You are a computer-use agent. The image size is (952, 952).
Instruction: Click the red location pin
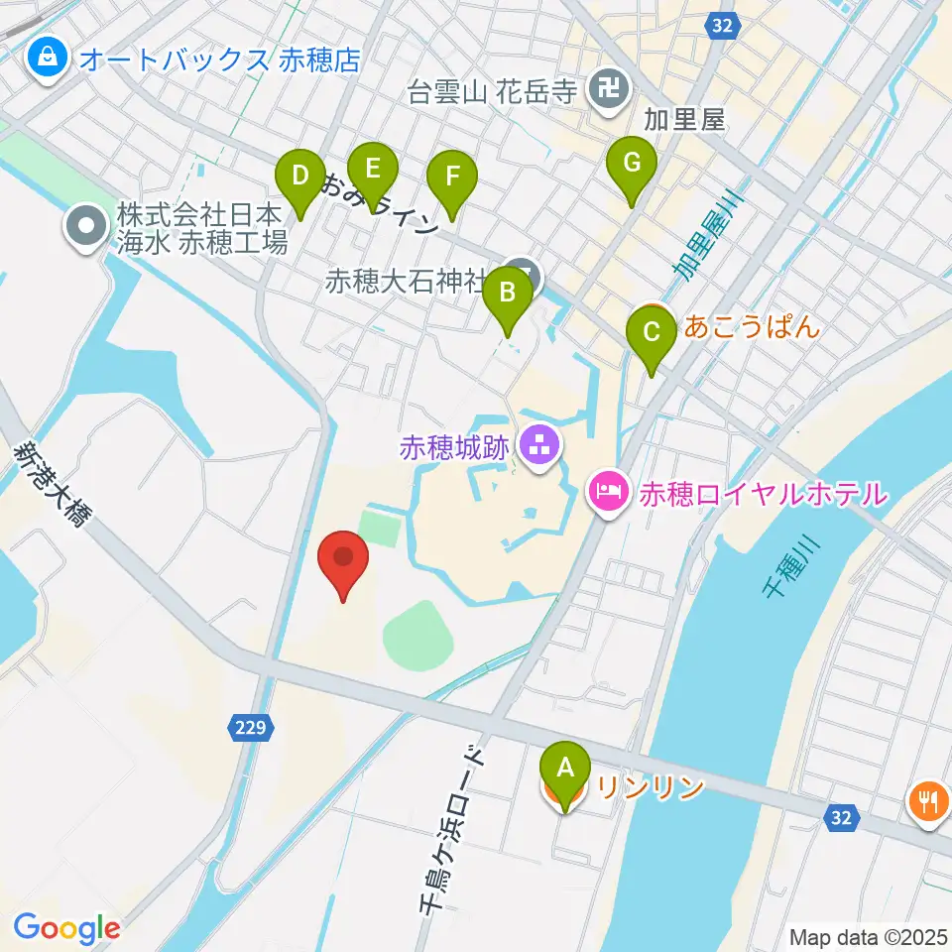pyautogui.click(x=343, y=560)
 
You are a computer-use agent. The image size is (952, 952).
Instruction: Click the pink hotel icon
pyautogui.click(x=608, y=492)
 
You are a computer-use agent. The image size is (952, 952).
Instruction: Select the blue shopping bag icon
pyautogui.click(x=48, y=59)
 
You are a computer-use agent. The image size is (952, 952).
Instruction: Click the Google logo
pyautogui.click(x=66, y=928)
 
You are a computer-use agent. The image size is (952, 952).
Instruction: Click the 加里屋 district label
pyautogui.click(x=685, y=122)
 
